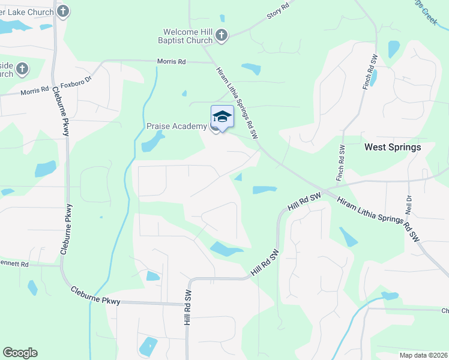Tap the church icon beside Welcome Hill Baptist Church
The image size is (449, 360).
tap(221, 36)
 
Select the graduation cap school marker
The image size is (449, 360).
tap(222, 116)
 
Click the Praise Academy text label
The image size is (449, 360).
tap(176, 127)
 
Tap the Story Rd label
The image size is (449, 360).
tap(278, 13)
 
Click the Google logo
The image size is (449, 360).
tap(20, 353)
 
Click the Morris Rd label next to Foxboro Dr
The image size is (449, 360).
tap(35, 91)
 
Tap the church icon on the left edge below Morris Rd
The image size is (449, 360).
tap(23, 68)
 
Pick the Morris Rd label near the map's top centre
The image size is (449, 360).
tap(172, 61)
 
